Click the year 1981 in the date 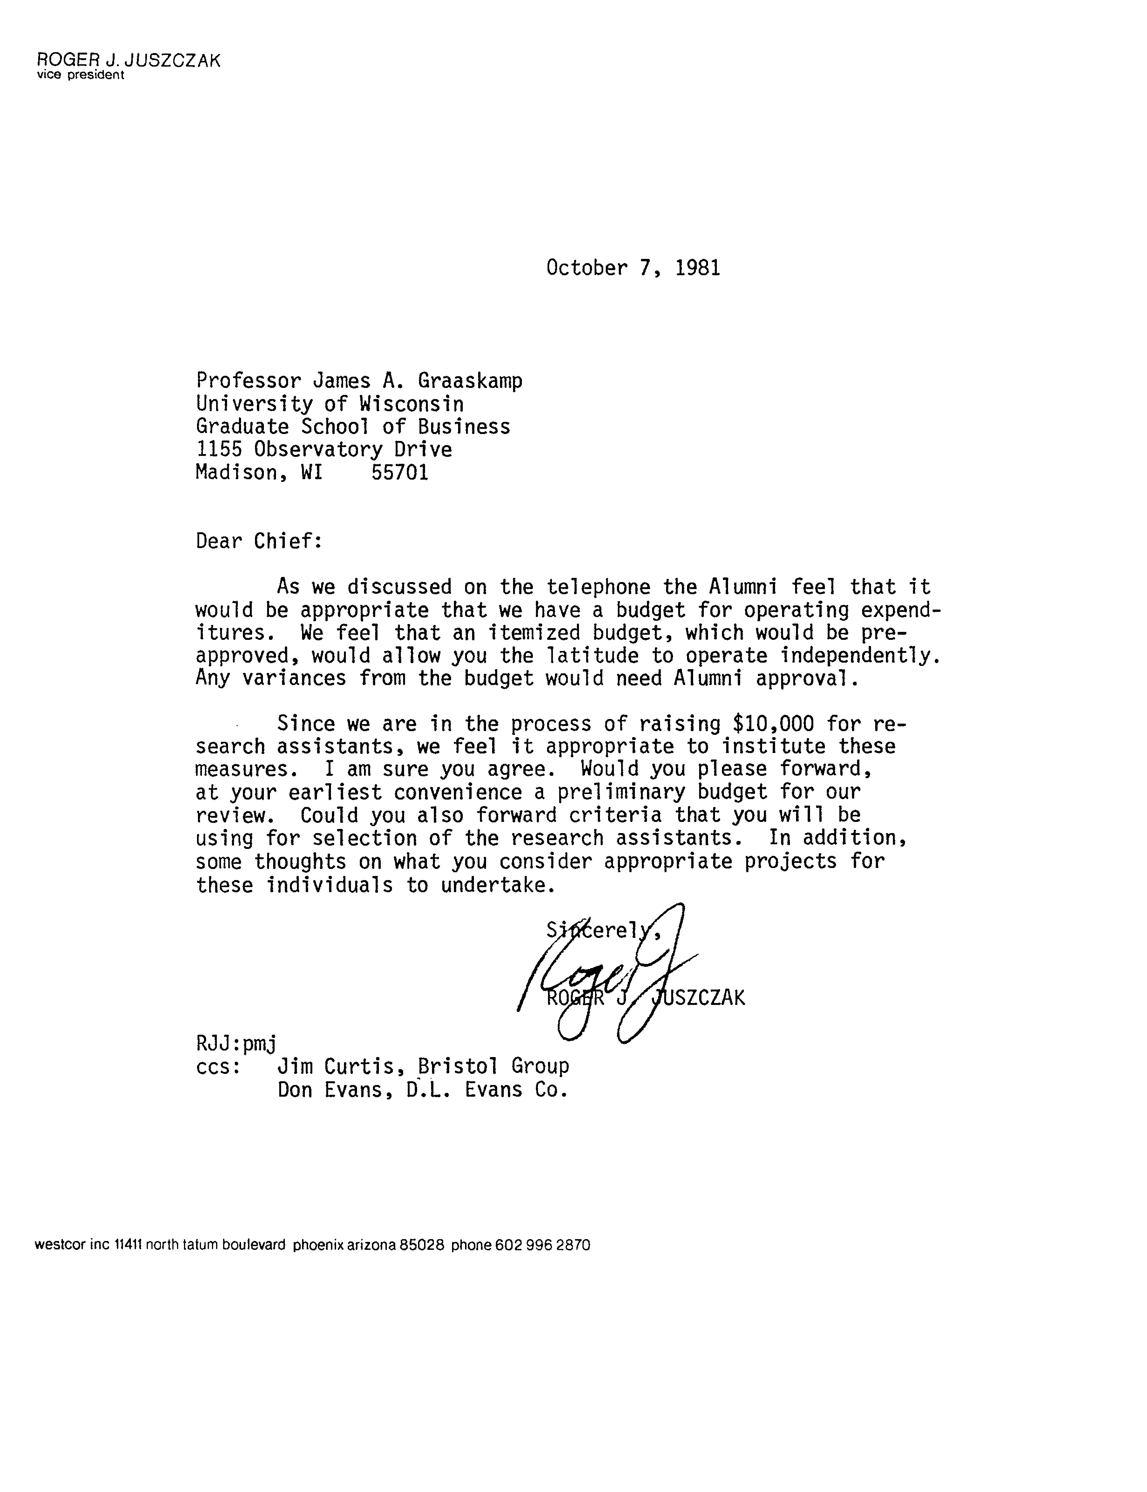(697, 268)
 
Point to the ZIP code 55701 (400, 472)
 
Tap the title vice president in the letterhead (81, 75)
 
